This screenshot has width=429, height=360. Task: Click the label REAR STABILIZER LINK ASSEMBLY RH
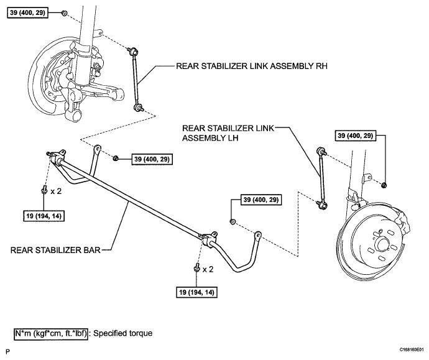251,66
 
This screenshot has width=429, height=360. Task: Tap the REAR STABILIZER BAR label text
55,250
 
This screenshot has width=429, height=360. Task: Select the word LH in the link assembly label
233,138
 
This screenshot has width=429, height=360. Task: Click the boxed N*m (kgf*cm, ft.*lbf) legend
51,333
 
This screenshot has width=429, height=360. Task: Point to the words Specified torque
123,333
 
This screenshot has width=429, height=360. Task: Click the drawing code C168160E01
413,349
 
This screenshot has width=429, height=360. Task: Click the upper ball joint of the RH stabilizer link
134,51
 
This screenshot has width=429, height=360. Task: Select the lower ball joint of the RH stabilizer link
138,107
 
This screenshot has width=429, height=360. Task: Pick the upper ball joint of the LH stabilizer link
320,150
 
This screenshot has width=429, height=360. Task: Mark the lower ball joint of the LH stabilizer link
322,205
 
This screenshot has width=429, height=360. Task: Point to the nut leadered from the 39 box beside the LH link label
384,185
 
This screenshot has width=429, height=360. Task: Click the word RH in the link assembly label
321,66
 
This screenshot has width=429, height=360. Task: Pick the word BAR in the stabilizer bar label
93,250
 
